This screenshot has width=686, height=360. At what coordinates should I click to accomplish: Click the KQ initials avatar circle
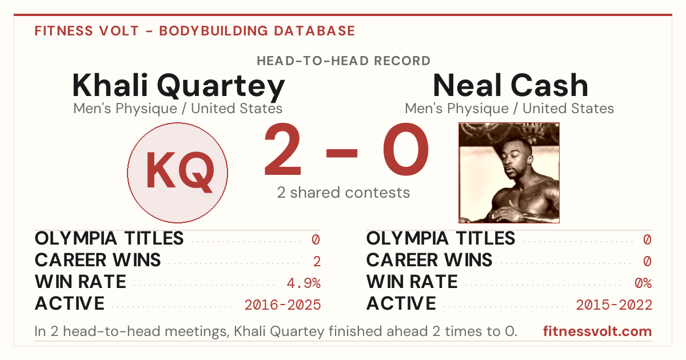click(177, 173)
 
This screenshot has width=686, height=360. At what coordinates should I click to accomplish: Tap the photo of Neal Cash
click(509, 173)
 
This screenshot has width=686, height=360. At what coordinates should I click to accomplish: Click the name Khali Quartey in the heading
click(178, 86)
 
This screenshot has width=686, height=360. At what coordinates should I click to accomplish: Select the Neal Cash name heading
click(510, 85)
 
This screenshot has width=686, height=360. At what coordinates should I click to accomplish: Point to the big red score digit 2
click(282, 149)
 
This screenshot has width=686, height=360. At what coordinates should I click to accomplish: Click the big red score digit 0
click(406, 149)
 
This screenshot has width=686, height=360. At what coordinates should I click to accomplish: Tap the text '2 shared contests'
click(344, 193)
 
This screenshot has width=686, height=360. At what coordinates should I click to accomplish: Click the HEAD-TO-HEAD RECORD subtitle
click(344, 61)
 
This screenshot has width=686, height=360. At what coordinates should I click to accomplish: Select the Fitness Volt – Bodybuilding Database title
click(195, 31)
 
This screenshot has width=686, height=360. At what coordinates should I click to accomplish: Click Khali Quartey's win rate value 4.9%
click(304, 283)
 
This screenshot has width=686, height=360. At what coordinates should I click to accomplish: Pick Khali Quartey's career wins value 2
click(317, 262)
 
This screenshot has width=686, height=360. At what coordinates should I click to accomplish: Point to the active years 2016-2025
click(282, 305)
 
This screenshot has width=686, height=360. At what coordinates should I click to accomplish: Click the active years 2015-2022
click(614, 305)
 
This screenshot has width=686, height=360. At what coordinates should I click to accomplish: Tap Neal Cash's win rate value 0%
click(643, 283)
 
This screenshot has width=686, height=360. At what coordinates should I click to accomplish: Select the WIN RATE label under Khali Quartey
click(80, 282)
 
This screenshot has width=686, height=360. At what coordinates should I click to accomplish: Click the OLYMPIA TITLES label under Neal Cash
click(441, 238)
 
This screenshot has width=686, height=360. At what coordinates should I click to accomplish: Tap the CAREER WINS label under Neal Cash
click(429, 260)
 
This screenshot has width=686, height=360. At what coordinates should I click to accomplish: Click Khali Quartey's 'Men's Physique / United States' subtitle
click(178, 109)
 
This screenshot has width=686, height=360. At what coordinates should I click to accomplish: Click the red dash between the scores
click(342, 153)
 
